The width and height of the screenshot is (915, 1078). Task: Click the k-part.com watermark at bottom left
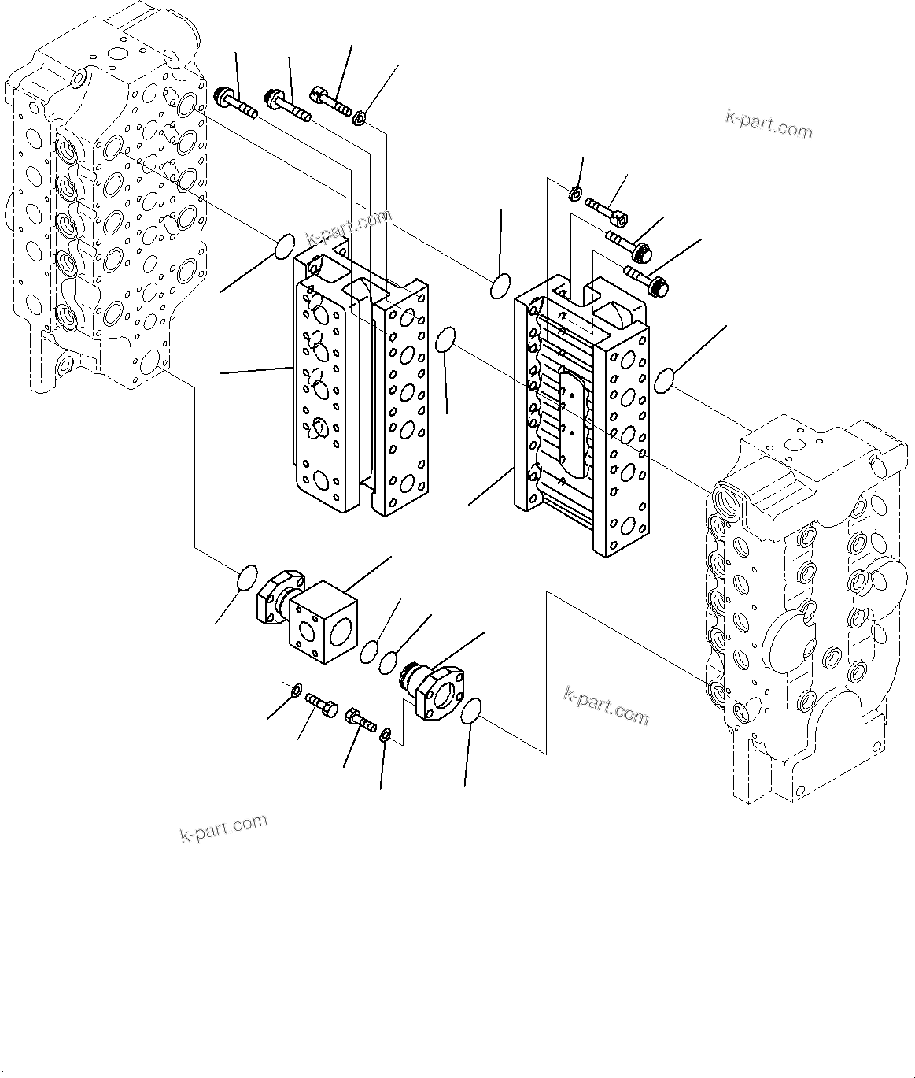coord(223,828)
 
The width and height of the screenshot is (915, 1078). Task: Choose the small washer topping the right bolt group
coord(575,193)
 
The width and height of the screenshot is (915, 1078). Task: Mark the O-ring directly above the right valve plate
coord(500,287)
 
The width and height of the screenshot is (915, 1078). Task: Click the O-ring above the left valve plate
coord(285,246)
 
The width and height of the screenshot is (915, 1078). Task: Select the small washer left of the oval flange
coord(386,735)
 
